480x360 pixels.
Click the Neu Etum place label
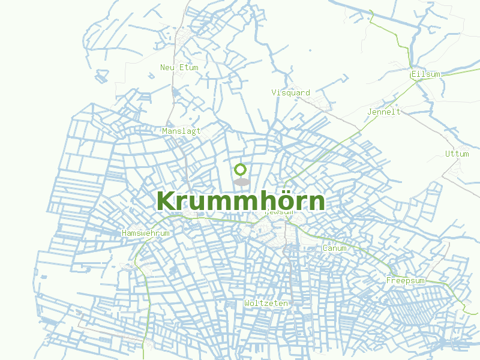click(x=179, y=68)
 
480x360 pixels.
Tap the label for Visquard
click(x=290, y=93)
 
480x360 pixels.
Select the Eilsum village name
click(x=425, y=74)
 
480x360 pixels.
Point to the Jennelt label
click(x=383, y=112)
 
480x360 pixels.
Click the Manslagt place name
click(x=181, y=131)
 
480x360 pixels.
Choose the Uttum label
click(x=457, y=154)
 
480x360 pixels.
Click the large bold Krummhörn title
click(x=241, y=201)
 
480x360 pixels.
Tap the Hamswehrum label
click(x=146, y=233)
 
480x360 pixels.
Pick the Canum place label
click(x=334, y=248)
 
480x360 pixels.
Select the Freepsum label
click(x=405, y=281)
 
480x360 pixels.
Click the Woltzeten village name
click(x=266, y=304)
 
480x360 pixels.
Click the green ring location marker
click(x=241, y=169)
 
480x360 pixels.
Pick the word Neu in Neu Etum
click(x=167, y=68)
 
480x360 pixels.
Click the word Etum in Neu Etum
click(x=188, y=68)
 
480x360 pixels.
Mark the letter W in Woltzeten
click(x=247, y=304)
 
